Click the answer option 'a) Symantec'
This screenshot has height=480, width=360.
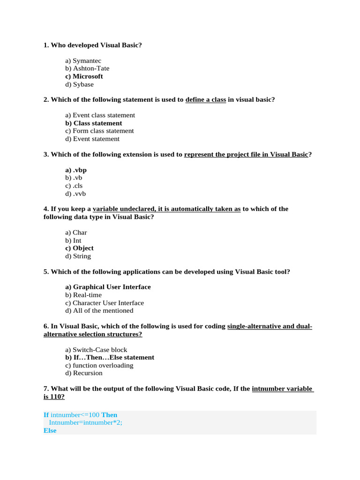[x=83, y=61]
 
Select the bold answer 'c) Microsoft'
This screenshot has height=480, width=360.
[x=84, y=76]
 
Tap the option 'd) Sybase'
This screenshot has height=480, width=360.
[x=79, y=84]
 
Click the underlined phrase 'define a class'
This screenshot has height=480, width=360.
[x=206, y=100]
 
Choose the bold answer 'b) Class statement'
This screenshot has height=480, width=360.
[x=94, y=123]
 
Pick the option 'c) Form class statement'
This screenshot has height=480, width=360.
[x=99, y=131]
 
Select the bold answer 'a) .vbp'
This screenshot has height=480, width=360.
[x=76, y=170]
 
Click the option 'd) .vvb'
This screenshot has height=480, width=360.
[x=75, y=194]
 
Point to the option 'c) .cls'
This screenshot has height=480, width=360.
[x=74, y=186]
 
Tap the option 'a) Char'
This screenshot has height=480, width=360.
[x=76, y=232]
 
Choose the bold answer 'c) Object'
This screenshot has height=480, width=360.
[x=79, y=248]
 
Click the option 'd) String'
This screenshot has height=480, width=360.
[x=78, y=256]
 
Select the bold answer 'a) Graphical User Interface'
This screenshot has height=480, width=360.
[x=108, y=287]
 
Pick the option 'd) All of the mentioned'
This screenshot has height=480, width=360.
[x=99, y=310]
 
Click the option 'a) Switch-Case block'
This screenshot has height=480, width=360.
[x=96, y=350]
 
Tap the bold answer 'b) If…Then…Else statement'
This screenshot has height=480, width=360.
[x=110, y=357]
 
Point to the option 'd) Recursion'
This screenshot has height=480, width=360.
[x=84, y=373]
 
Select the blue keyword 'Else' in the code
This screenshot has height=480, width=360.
[x=50, y=430]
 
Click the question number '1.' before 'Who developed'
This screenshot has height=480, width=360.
[x=46, y=45]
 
